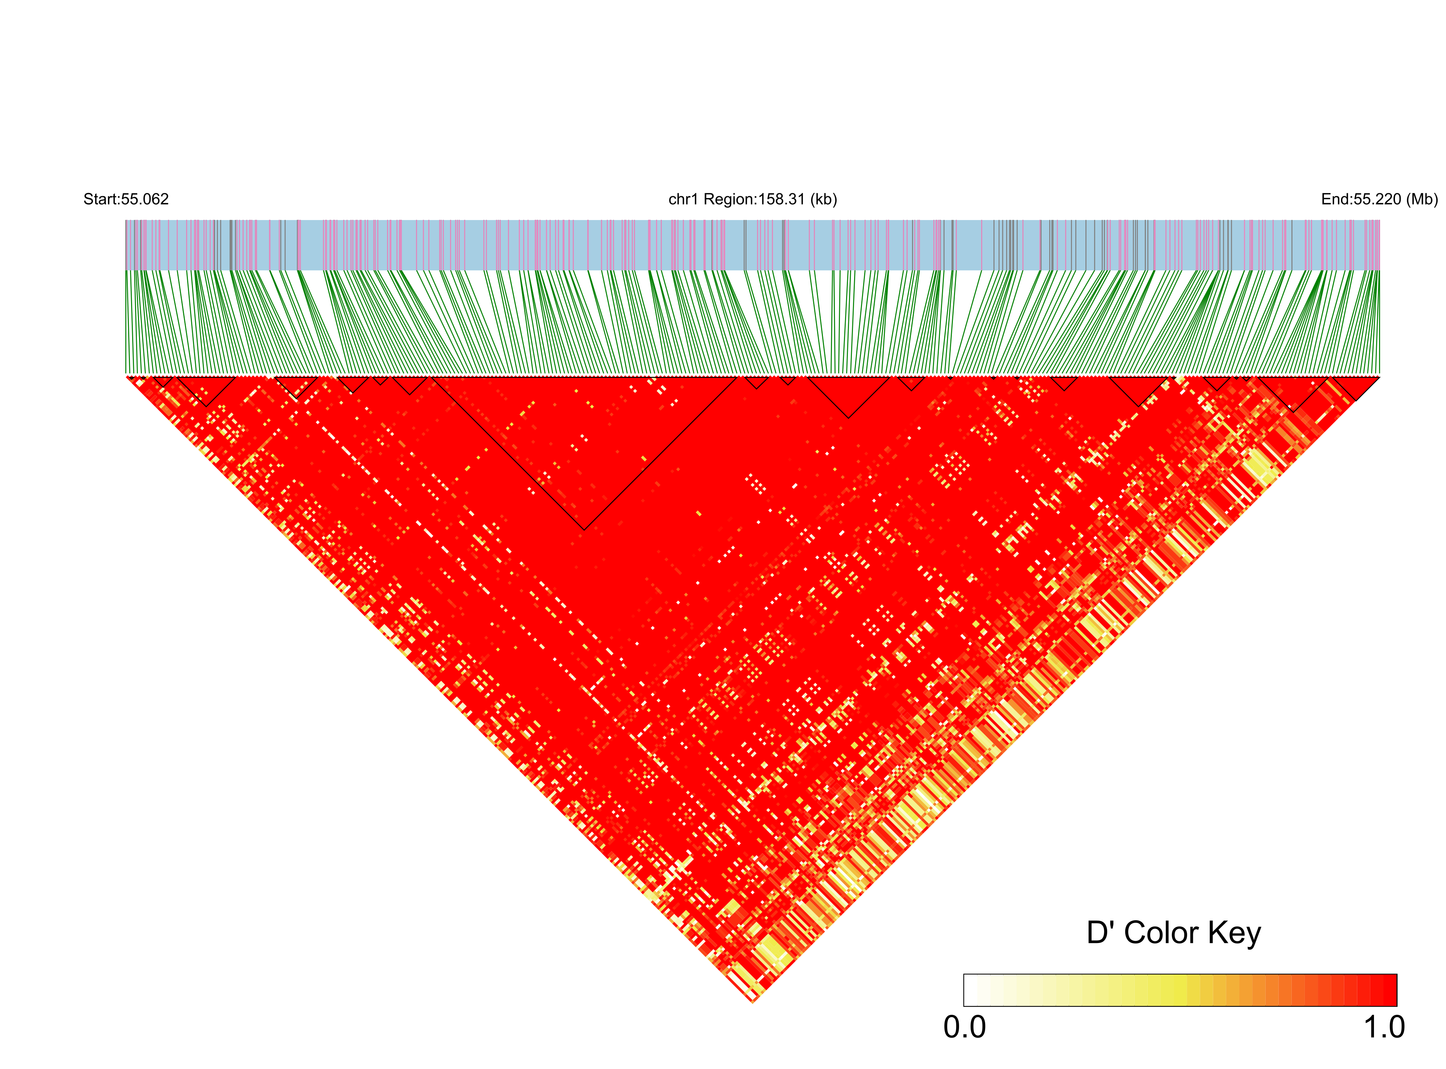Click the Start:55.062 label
pos(126,199)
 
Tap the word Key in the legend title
pos(1235,934)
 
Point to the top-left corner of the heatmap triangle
pos(126,376)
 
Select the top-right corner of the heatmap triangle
pos(1379,376)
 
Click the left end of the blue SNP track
pos(126,245)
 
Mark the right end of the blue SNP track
pos(1379,245)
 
